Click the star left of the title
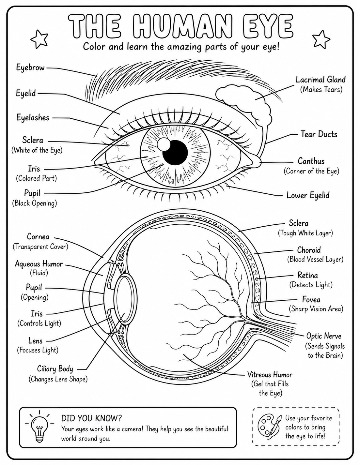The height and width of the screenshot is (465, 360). (39, 39)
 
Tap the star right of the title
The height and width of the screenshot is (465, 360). (321, 39)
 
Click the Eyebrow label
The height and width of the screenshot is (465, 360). (30, 68)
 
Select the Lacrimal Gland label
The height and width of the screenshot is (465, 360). (321, 80)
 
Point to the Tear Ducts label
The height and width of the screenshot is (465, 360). (319, 134)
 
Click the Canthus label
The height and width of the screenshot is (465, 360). (311, 161)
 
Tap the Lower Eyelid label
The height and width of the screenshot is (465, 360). (308, 195)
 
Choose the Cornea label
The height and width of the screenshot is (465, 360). (38, 236)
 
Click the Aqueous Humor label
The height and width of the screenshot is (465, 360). (39, 263)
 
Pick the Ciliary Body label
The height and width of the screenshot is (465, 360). (55, 369)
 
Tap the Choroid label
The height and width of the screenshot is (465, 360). (309, 250)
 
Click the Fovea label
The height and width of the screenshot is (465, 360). (311, 299)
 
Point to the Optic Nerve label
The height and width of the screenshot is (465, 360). (323, 336)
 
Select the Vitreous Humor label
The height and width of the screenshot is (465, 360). (270, 374)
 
